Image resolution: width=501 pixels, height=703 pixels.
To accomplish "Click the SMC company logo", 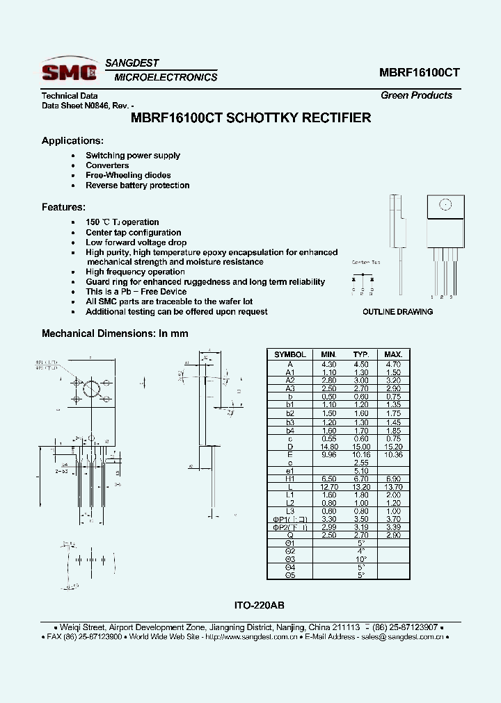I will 68,71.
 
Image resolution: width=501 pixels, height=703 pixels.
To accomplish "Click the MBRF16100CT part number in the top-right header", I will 419,72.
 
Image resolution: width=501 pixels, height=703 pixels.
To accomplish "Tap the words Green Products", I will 416,95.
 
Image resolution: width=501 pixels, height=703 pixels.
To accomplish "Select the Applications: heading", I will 72,140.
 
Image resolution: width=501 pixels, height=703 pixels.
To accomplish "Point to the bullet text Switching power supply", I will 133,156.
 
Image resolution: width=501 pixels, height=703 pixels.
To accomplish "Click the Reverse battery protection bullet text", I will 137,185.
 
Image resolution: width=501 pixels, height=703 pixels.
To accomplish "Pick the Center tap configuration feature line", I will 133,233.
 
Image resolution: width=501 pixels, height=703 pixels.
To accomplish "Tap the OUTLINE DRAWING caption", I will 397,312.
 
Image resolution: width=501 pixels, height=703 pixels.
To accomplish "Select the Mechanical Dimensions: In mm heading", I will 115,333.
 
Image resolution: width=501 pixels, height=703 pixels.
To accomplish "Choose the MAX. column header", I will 393,354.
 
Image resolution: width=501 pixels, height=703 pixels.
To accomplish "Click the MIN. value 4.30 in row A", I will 328,364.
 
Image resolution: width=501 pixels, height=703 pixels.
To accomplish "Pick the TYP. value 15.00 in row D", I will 360,447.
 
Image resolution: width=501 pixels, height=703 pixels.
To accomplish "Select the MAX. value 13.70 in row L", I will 393,488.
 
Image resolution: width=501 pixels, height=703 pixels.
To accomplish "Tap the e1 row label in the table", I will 290,471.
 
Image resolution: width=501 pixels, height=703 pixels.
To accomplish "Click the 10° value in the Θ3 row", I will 360,559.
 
